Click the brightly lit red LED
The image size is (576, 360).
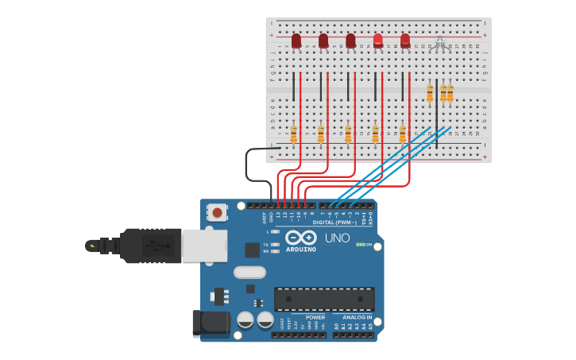point(378,40)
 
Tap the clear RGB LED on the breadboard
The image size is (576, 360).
point(440,43)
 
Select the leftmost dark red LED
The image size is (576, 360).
point(296,40)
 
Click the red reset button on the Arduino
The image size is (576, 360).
point(216,212)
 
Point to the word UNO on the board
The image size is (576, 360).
point(337,238)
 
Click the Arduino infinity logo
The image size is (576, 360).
point(301,237)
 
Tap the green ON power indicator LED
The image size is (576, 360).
point(359,244)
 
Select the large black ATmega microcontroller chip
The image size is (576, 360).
point(323,299)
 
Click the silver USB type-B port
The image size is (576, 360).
point(204,246)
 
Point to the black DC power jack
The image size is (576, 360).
point(210,323)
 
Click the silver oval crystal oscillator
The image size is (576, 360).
point(249,273)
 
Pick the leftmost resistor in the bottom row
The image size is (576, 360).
point(293,134)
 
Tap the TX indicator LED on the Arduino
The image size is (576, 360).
point(274,244)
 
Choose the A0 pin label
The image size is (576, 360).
point(336,326)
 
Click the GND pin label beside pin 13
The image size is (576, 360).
point(271,215)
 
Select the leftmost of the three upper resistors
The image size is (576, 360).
point(430,93)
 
